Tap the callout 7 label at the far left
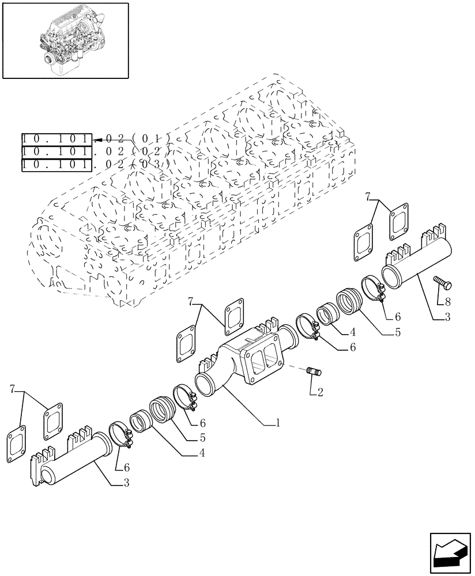click(x=13, y=391)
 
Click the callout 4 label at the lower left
click(x=201, y=453)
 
